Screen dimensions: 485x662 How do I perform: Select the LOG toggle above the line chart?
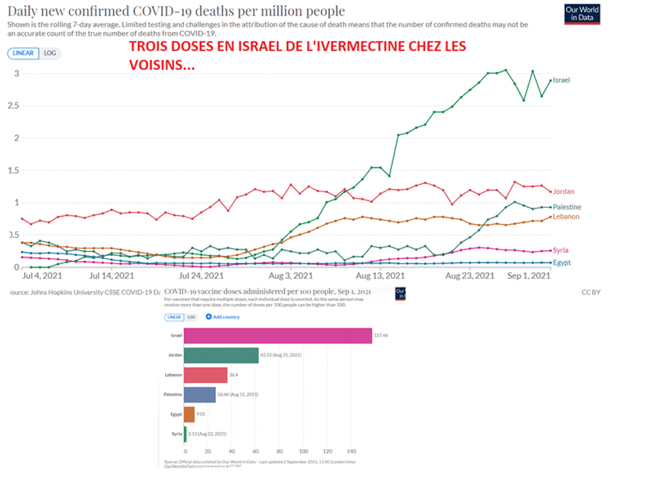[50, 54]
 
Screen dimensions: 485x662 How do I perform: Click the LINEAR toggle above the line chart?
[24, 54]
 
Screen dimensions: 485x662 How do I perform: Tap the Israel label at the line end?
[562, 80]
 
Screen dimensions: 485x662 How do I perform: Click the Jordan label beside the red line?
[563, 191]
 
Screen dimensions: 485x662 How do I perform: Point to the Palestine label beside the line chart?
[567, 207]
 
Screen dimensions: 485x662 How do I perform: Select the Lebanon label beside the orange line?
[566, 217]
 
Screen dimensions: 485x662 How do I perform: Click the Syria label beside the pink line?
[560, 250]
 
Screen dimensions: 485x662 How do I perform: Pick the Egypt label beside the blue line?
[561, 262]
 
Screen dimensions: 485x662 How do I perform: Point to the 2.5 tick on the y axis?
[12, 105]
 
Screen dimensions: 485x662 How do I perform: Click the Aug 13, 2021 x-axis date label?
[378, 277]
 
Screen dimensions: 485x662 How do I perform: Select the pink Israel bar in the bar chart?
[278, 336]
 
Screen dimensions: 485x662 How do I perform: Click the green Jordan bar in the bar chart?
[221, 355]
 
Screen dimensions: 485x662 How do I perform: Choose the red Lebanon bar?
[205, 375]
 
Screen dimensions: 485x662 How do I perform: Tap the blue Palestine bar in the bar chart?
[200, 394]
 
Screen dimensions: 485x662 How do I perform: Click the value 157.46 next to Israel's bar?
[381, 336]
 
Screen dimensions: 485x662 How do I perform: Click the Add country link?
[223, 317]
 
